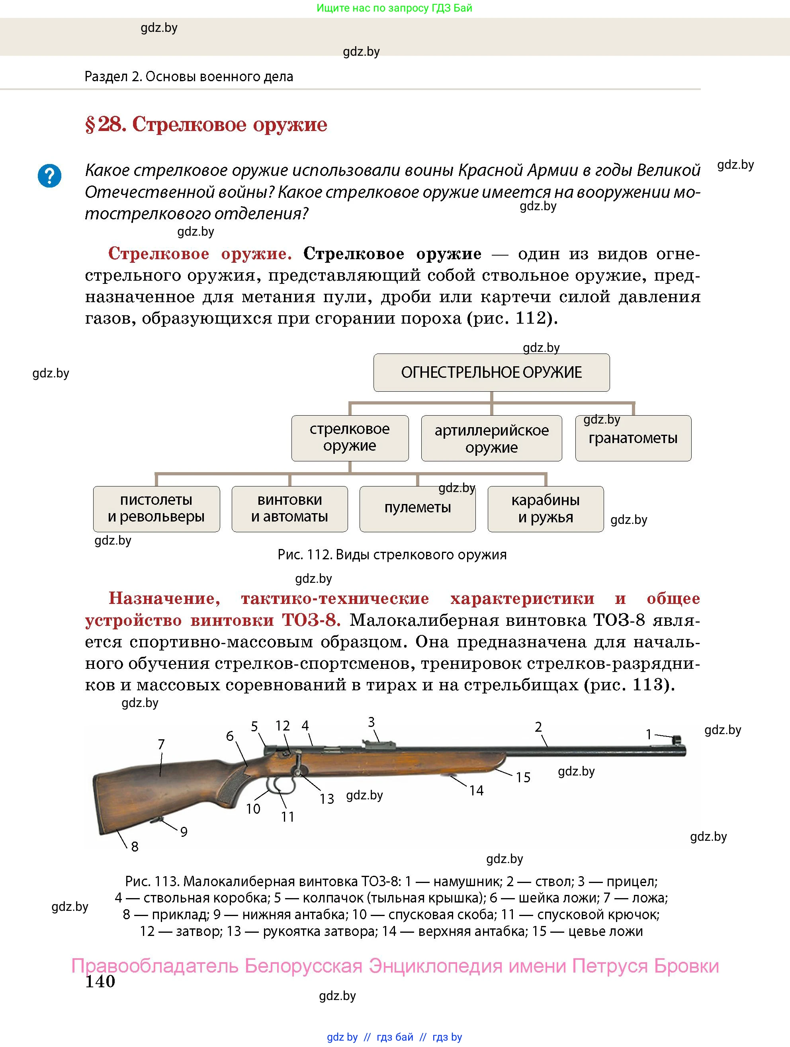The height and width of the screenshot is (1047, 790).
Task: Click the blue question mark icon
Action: pyautogui.click(x=49, y=176)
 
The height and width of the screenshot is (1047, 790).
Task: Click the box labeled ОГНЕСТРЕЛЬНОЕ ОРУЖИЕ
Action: pyautogui.click(x=491, y=373)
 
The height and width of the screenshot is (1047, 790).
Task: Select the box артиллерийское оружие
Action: pyautogui.click(x=491, y=438)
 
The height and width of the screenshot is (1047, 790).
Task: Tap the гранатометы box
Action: pyautogui.click(x=633, y=438)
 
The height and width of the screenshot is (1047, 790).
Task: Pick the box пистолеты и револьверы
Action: pyautogui.click(x=156, y=509)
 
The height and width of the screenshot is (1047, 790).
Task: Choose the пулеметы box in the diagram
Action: pyautogui.click(x=417, y=509)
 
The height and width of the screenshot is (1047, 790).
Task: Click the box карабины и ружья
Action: pyautogui.click(x=545, y=509)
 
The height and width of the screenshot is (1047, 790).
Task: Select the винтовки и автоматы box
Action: pyautogui.click(x=289, y=509)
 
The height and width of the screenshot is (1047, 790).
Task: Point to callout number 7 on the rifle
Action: pyautogui.click(x=161, y=744)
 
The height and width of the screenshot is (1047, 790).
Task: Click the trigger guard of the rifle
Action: pyautogui.click(x=279, y=786)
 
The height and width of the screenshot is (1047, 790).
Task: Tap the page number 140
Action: pyautogui.click(x=100, y=982)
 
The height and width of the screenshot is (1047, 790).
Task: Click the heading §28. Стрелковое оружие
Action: pyautogui.click(x=206, y=125)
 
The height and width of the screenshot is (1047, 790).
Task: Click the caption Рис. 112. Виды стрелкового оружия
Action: pyautogui.click(x=392, y=555)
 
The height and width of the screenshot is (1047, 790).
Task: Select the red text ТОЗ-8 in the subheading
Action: pyautogui.click(x=311, y=620)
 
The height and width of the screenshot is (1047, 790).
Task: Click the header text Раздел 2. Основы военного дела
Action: pyautogui.click(x=188, y=77)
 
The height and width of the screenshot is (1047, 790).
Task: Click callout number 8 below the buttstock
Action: pyautogui.click(x=135, y=846)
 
